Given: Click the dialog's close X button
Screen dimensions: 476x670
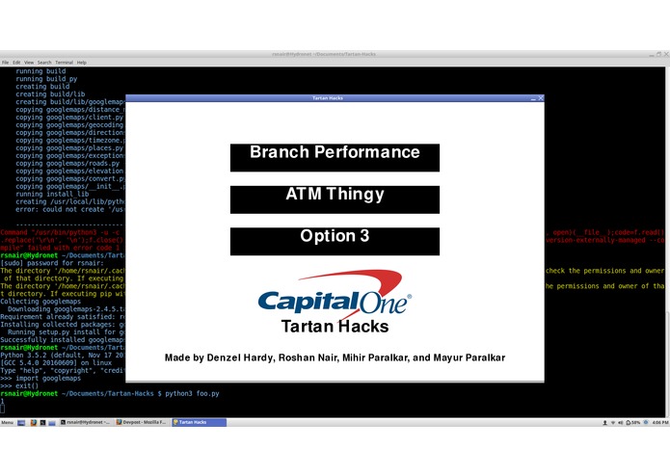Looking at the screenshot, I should [540, 98].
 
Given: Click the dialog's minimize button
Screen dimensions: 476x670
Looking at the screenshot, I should [532, 98].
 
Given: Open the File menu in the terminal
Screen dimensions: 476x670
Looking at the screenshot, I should [5, 62].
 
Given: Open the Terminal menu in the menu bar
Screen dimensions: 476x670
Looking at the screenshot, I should [64, 62].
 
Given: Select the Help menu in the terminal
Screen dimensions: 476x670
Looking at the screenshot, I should [81, 62].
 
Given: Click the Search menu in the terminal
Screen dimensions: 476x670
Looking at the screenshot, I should [44, 62].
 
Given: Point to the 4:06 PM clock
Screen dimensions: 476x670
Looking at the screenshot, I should [659, 423].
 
